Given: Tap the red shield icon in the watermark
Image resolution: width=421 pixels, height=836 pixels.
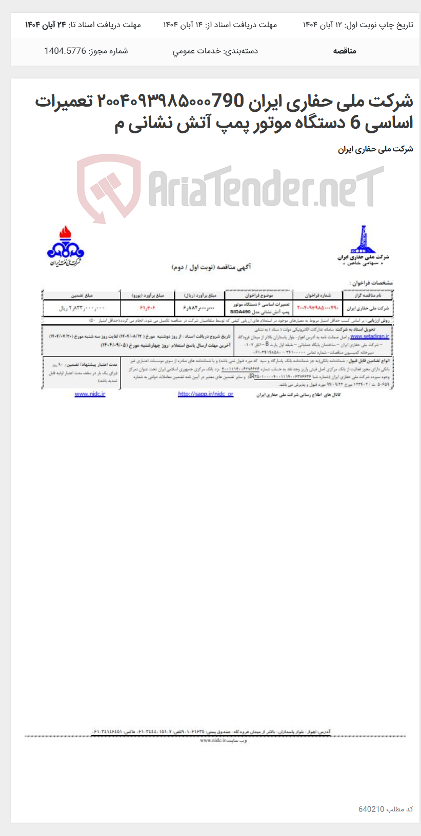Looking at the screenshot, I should point(108,188).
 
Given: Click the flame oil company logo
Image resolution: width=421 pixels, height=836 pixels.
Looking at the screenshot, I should point(66,246).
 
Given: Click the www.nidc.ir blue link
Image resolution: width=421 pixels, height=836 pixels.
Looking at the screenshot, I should point(90,394).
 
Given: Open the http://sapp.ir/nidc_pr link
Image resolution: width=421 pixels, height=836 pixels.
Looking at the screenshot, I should point(206,394).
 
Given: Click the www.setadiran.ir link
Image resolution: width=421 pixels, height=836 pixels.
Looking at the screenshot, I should point(370,336).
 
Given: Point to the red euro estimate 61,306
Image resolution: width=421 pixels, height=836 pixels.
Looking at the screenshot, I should point(147,308).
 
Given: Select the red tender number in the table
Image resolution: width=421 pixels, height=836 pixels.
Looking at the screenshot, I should point(318,308).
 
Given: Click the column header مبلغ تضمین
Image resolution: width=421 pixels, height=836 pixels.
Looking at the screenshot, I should point(81,295).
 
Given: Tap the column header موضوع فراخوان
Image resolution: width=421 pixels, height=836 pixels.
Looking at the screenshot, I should point(259,295).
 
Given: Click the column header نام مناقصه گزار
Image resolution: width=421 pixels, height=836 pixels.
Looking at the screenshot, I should point(368,295).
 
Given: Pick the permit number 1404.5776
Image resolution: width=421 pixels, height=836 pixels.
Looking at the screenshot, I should point(65,51).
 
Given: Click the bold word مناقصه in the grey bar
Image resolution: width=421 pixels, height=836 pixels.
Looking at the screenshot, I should point(345,51).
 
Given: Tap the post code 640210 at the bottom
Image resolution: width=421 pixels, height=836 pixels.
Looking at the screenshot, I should point(371,809).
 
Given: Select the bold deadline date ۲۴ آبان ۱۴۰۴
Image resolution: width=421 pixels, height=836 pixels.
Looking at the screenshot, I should point(46,25).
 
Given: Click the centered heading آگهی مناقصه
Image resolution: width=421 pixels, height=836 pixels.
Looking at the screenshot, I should point(211,267).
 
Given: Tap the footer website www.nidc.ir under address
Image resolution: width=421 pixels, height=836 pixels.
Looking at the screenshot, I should point(215,741).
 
